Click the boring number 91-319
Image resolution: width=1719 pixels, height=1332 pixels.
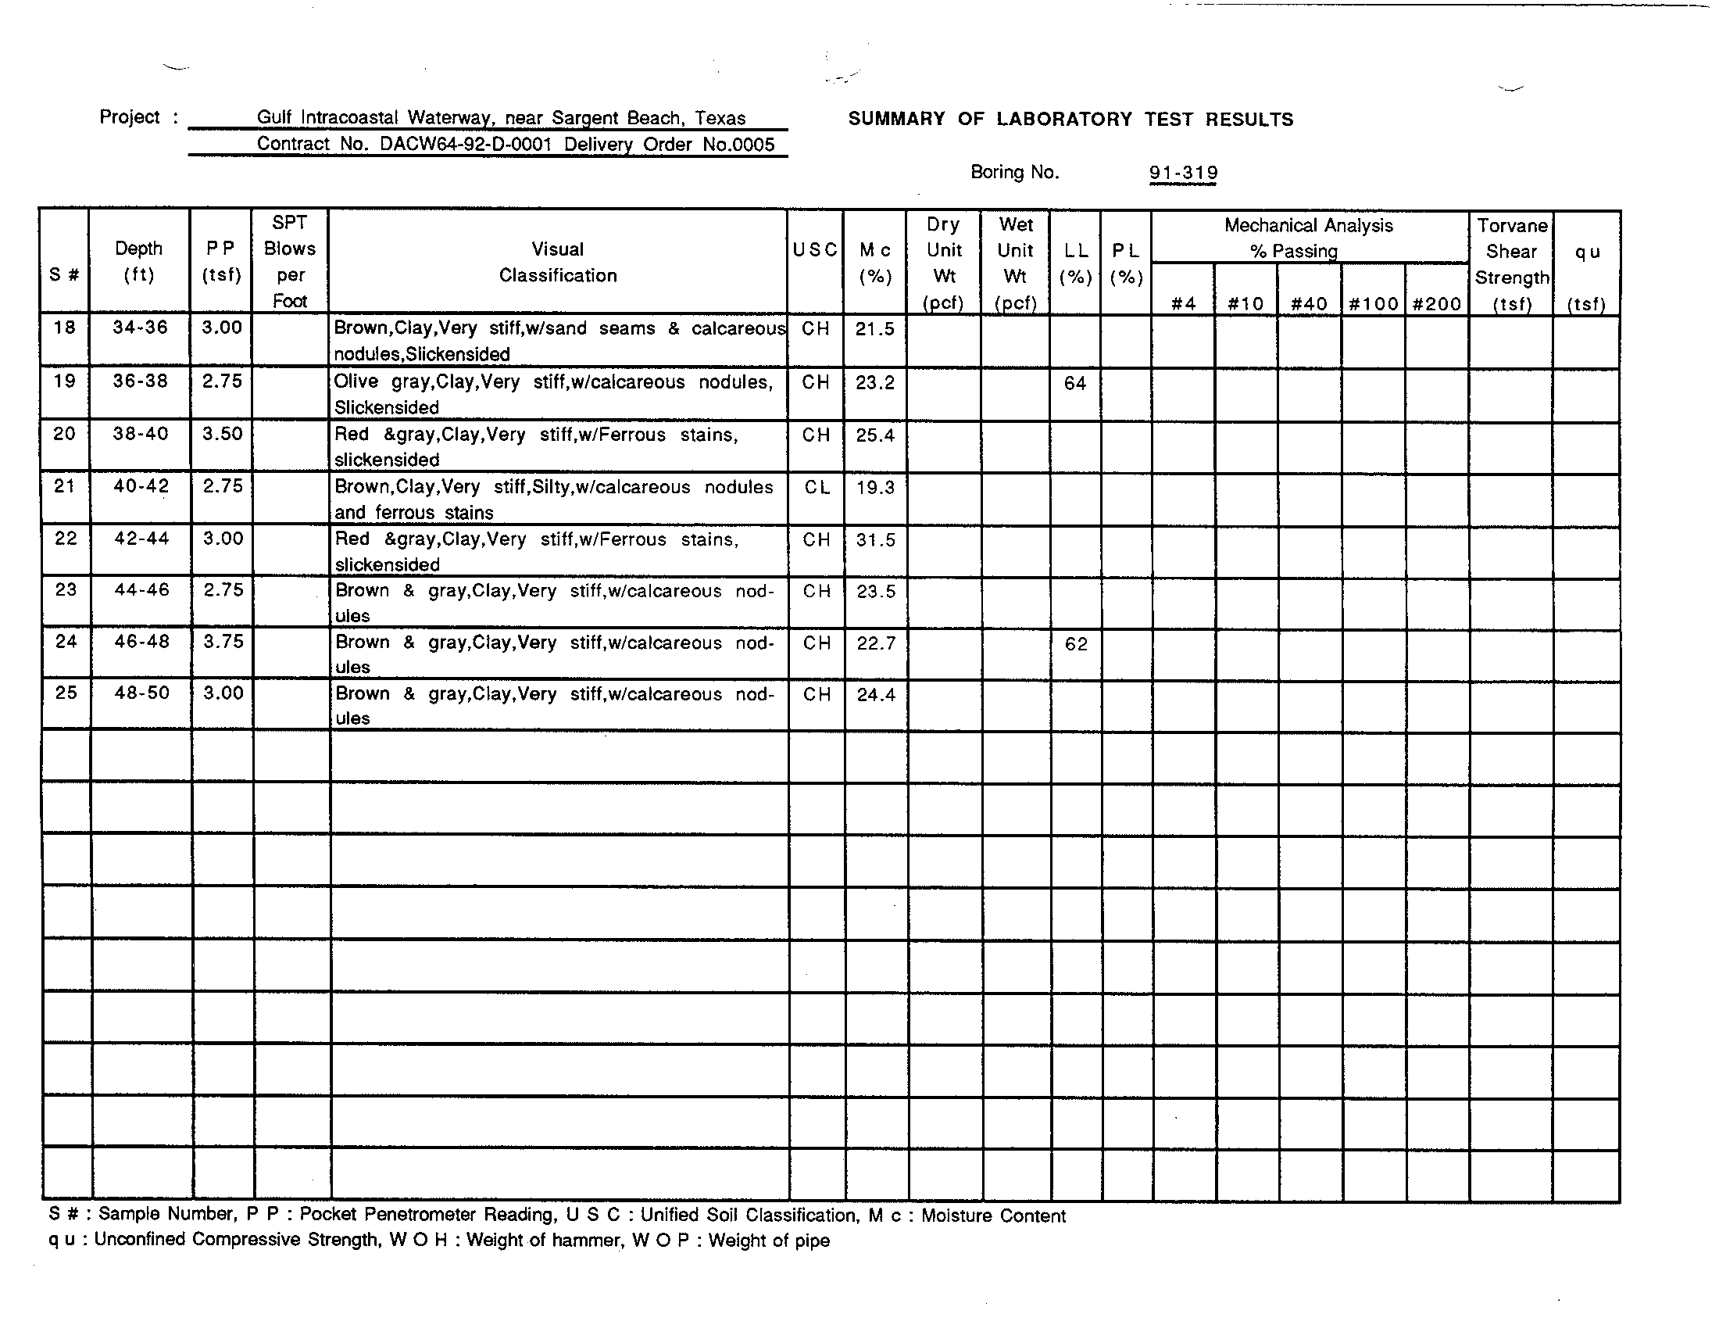1182,173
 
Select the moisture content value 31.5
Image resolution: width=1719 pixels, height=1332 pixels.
875,540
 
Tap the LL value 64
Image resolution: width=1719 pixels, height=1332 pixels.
1074,383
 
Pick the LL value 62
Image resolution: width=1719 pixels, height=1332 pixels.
1076,644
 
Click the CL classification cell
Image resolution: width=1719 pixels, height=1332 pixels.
817,488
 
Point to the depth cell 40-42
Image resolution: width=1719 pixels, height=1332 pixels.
140,486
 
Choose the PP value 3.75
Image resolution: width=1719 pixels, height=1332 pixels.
223,642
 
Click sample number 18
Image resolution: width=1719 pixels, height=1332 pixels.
64,328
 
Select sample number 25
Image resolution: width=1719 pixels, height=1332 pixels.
66,693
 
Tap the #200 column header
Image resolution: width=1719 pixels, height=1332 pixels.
1436,304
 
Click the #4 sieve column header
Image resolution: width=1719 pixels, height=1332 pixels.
1183,304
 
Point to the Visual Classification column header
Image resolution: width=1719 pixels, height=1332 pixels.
557,262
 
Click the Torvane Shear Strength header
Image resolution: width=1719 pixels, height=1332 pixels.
1511,264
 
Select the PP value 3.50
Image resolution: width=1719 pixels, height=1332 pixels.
222,434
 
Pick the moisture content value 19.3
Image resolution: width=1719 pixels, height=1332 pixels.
875,488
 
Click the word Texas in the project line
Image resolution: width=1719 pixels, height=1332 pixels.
720,118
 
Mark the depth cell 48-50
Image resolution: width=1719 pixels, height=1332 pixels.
141,693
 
